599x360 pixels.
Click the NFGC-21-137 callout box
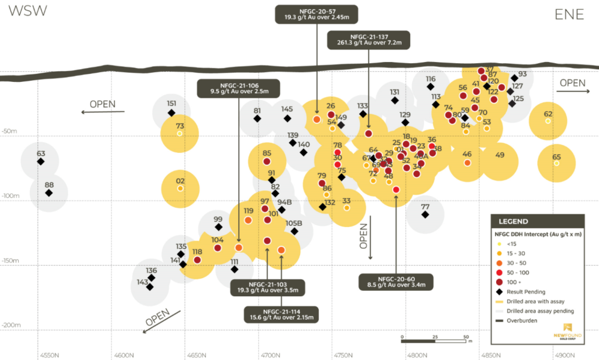[x=368, y=39]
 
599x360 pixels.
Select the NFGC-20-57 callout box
[x=316, y=14]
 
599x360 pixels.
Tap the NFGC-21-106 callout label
[x=239, y=88]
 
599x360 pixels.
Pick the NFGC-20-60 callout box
[x=396, y=282]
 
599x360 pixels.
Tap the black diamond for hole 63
[x=40, y=162]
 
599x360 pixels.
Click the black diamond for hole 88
[x=49, y=193]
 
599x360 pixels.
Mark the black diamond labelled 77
[x=425, y=215]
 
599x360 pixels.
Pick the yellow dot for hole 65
[x=556, y=163]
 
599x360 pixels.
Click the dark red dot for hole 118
[x=197, y=260]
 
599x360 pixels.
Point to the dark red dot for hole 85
[x=267, y=162]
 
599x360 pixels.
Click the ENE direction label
[x=569, y=15]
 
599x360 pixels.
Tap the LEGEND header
[x=513, y=221]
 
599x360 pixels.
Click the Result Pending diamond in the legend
[x=500, y=292]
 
